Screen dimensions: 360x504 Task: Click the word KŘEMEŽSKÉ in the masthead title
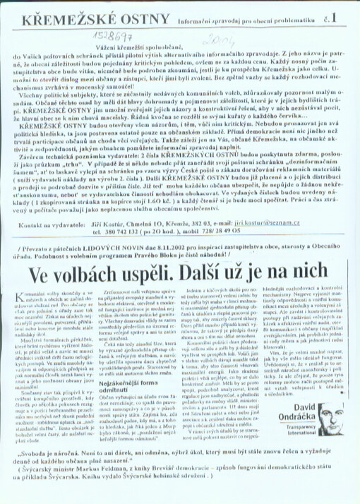pos(47,14)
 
